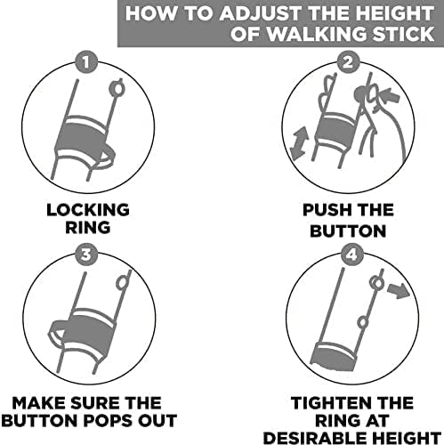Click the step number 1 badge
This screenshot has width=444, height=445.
coord(86,62)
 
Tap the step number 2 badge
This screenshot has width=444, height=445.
coord(348,62)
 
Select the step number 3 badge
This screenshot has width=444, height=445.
coord(86,255)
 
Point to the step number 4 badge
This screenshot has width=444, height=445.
coord(351,255)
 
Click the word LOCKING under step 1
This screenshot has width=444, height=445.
coord(88,210)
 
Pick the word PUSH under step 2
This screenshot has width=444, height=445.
coord(326,210)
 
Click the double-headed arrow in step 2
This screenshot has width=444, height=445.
coord(299,143)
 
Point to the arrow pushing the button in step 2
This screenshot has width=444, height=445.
coord(392,97)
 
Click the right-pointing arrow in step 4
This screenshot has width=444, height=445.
coord(399,289)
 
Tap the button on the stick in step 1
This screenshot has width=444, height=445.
coord(117,88)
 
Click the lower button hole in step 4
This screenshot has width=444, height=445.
coord(362,322)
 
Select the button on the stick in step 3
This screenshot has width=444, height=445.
coord(120,282)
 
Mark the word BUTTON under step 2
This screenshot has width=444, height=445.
coord(348,231)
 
